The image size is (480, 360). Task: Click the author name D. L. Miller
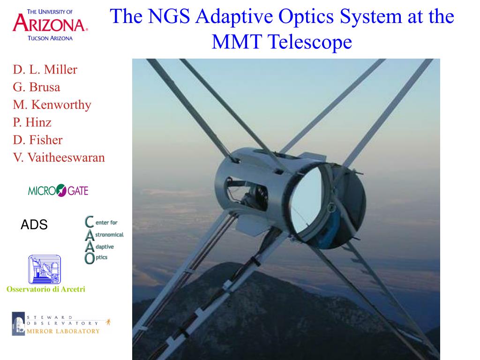[x=45, y=69]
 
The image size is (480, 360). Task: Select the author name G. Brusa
[x=37, y=87]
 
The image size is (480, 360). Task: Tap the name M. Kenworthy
[x=52, y=105]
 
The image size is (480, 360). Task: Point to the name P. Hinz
[x=32, y=122]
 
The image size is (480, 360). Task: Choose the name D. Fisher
[x=37, y=140]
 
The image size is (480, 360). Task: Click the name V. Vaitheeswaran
[x=59, y=157]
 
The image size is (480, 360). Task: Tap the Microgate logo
[x=58, y=190]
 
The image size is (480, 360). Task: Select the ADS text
[x=34, y=225]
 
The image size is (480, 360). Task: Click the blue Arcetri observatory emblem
[x=45, y=270]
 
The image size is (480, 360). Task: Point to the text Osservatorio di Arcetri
[x=46, y=289]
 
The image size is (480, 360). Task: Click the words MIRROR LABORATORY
[x=63, y=331]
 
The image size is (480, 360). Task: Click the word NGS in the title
[x=169, y=16]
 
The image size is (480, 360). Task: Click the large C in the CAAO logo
[x=89, y=222]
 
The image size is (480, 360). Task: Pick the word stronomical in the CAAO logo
[x=109, y=235]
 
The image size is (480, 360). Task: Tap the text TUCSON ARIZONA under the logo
[x=50, y=38]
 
